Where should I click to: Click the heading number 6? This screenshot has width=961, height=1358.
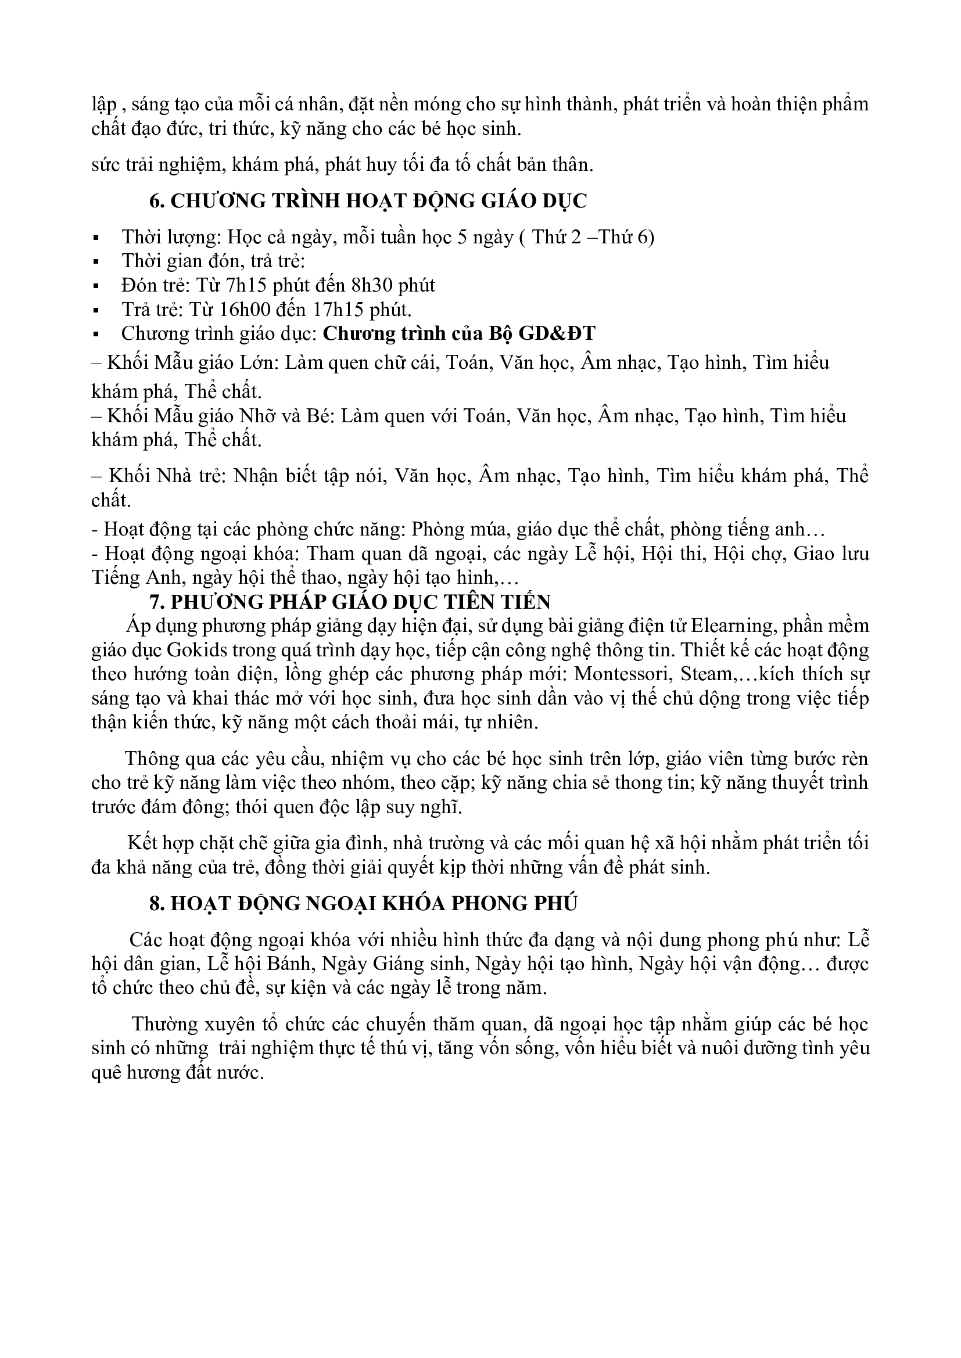pyautogui.click(x=156, y=201)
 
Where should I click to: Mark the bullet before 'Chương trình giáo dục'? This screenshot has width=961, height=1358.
pyautogui.click(x=95, y=335)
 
